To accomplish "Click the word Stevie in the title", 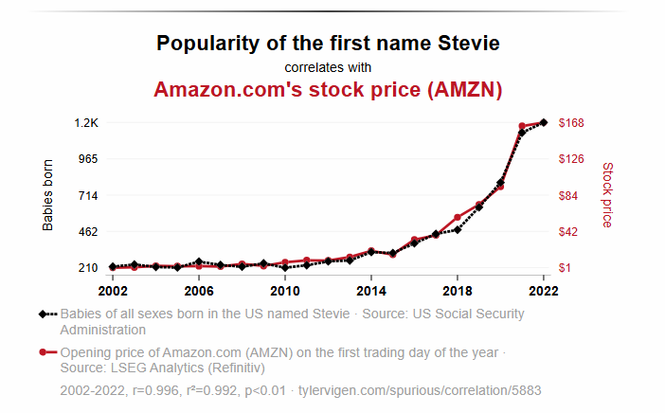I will (466, 44).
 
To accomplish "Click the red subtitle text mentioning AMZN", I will (328, 90).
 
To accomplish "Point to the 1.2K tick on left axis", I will (87, 123).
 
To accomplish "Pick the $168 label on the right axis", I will (572, 123).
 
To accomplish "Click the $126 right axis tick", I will (572, 159).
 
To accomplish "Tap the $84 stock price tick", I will (569, 195).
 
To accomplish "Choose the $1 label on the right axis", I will (566, 268).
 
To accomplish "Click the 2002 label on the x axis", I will (113, 290).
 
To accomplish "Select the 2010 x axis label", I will (285, 290).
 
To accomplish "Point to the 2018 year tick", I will (458, 290).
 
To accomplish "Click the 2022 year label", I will (544, 290).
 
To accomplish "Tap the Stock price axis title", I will (607, 194).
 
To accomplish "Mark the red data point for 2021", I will (522, 126).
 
